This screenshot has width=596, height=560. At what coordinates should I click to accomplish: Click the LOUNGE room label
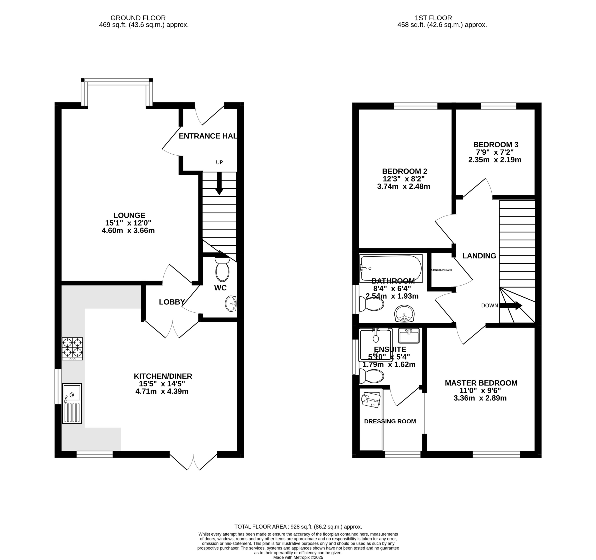coord(129,215)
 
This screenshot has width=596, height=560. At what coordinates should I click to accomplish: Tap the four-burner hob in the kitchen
coord(72,349)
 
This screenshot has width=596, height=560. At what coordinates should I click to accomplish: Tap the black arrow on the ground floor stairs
coord(219,184)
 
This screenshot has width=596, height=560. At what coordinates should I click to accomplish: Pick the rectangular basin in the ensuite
coord(409,336)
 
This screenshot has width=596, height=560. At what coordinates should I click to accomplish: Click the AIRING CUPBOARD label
coord(442,270)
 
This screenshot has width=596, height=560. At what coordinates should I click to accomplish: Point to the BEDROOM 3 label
coord(496,144)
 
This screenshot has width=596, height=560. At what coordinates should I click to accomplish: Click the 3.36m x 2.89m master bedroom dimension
coord(480,398)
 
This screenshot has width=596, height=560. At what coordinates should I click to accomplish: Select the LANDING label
coord(479,256)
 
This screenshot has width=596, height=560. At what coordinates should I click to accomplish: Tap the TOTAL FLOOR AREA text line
coord(298,527)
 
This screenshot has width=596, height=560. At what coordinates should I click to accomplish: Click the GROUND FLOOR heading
coord(138,18)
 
